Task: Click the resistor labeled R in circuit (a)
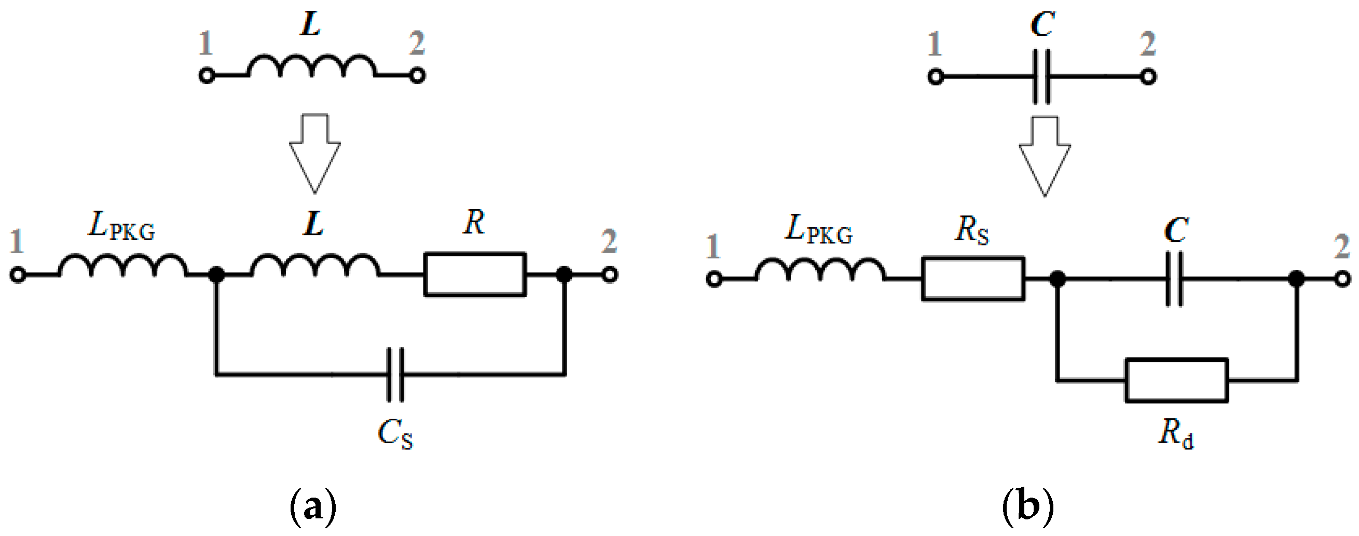475,274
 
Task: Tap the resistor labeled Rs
973,279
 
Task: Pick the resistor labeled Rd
1176,380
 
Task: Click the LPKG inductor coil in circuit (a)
122,266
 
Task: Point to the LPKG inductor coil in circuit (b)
820,270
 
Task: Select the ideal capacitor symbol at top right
1041,77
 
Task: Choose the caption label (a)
313,506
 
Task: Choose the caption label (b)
1027,506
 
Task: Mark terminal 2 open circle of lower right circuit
1342,279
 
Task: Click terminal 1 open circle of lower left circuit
18,275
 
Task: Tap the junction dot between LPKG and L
216,275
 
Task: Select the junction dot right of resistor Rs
1057,279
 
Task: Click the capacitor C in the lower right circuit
1174,279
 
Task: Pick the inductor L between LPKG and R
315,266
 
